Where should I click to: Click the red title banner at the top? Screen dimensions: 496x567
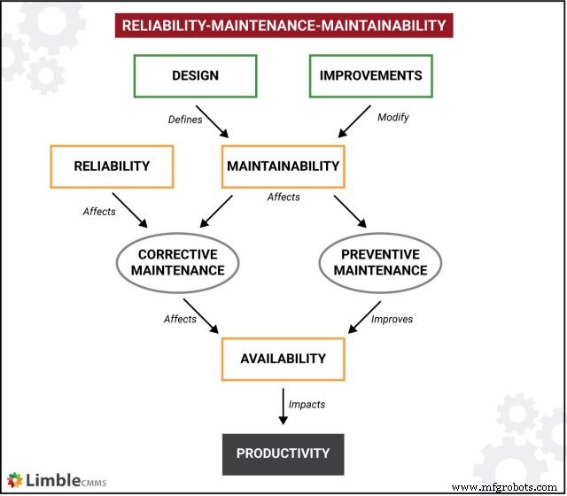284,25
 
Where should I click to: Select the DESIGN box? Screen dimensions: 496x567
196,76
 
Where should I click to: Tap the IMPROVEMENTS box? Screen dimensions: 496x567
371,76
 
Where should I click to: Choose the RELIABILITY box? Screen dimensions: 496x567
112,166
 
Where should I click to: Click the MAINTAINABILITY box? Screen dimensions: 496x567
283,166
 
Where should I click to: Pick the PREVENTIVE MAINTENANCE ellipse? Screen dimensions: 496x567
380,262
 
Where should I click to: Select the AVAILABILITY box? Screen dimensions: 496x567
283,359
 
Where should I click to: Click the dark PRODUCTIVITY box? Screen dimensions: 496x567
283,453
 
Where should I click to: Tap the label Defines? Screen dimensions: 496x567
185,119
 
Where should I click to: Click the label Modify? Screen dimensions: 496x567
393,117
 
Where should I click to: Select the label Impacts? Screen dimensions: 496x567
307,404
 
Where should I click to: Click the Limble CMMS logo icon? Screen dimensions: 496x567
15,480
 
